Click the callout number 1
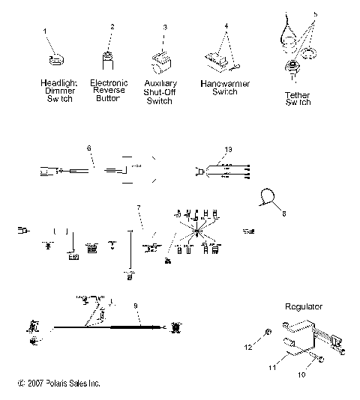(45, 31)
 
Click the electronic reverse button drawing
(109, 60)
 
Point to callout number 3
(165, 27)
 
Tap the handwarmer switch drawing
(217, 57)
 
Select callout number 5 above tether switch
(315, 13)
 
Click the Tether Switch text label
(297, 99)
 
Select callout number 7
(137, 207)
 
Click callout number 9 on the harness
(135, 306)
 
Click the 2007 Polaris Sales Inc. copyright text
(58, 384)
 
